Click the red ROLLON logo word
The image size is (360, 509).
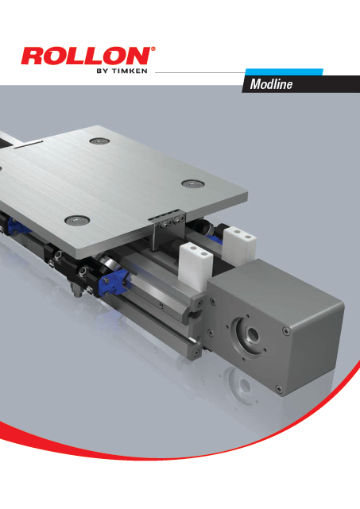click(83, 58)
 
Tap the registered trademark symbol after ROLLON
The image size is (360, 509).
click(153, 49)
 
